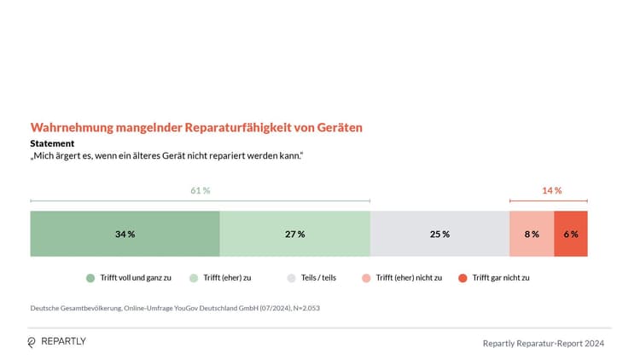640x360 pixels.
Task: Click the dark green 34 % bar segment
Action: [125, 234]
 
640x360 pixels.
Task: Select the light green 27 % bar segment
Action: [294, 234]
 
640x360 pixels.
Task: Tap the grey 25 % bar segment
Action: [439, 234]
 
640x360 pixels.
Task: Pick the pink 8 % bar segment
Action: [531, 234]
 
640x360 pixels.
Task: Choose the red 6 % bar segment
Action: [570, 234]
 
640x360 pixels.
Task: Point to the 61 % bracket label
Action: [200, 190]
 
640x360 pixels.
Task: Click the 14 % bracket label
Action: [551, 190]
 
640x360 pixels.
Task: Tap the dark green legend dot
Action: [90, 278]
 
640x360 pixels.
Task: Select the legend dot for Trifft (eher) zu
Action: [194, 278]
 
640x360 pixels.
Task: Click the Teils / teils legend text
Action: [317, 278]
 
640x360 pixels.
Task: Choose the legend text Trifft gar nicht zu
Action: [501, 278]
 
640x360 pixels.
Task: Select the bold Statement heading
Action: [52, 143]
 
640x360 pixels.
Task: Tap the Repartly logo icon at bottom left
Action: [32, 342]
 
